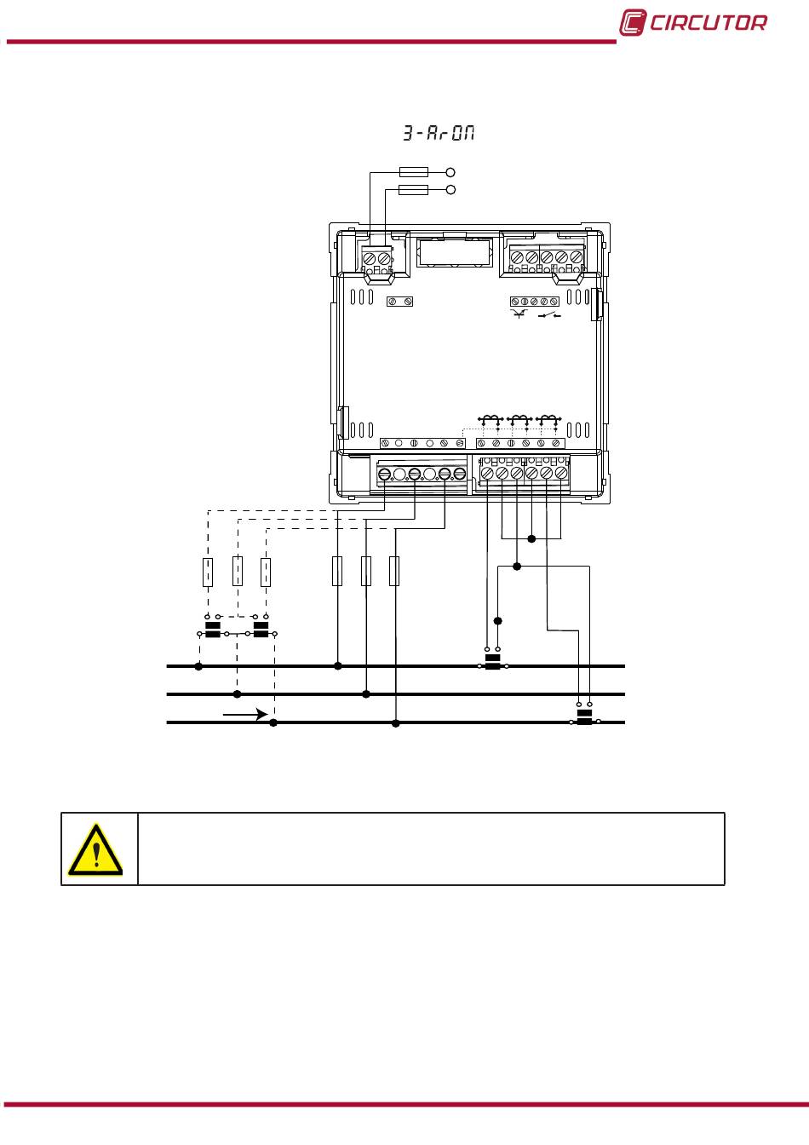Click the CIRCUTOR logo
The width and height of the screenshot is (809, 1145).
(x=692, y=23)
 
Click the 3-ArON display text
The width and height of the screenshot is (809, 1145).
(x=439, y=134)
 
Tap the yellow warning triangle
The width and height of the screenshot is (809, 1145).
(x=95, y=849)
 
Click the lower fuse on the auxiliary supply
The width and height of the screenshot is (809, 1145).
(x=413, y=189)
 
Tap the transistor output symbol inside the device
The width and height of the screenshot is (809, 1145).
(x=519, y=315)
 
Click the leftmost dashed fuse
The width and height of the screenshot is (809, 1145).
(x=207, y=572)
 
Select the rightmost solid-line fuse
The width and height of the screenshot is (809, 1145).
(x=394, y=572)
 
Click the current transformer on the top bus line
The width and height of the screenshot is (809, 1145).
(x=492, y=663)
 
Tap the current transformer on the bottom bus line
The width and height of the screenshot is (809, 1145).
(x=584, y=720)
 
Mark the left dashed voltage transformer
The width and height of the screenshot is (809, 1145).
(x=213, y=631)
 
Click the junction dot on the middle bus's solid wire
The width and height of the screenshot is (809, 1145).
(x=366, y=694)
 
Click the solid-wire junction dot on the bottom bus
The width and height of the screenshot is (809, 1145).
(x=395, y=723)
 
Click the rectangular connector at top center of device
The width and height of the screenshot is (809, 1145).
(x=454, y=252)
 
